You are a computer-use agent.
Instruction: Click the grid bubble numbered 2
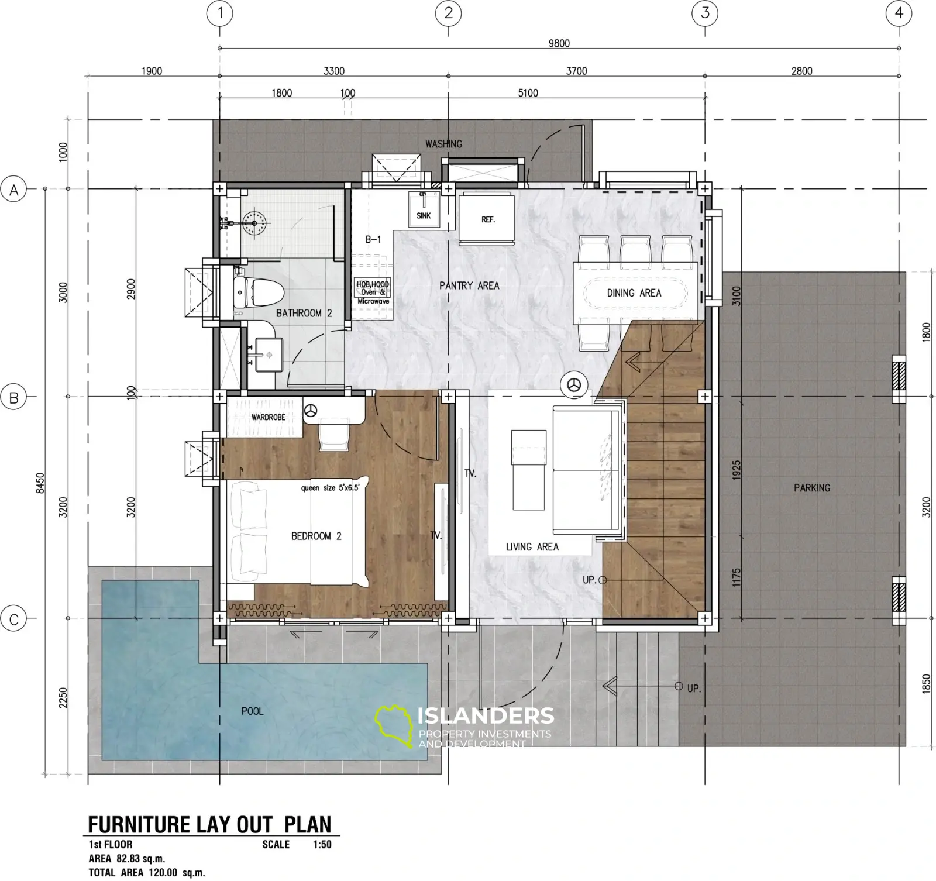[x=449, y=12]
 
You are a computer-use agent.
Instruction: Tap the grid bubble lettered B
[x=13, y=398]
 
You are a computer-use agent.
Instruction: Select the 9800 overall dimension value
[x=559, y=43]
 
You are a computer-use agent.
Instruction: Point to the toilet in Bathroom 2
[x=259, y=291]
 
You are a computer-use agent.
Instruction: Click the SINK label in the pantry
[x=424, y=215]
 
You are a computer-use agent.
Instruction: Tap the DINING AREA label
[x=634, y=292]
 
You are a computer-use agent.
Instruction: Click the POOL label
[x=252, y=711]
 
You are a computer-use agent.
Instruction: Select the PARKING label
[x=812, y=487]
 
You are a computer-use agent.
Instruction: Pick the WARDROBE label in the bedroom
[x=269, y=417]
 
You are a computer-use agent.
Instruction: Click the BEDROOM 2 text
[x=316, y=536]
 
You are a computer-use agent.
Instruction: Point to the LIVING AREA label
[x=532, y=546]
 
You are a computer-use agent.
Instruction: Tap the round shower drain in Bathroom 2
[x=254, y=222]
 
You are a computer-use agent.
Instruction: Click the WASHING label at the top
[x=443, y=143]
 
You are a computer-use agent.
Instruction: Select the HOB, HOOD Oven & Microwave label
[x=373, y=292]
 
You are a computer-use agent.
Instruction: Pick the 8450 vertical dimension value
[x=40, y=483]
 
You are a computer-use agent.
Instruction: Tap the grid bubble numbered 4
[x=899, y=12]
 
